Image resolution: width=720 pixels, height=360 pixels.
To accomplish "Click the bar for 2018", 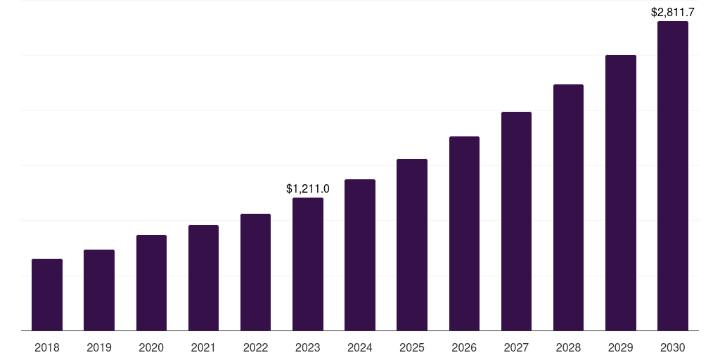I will point(47,295).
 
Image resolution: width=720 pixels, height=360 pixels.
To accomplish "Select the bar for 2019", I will point(99,290).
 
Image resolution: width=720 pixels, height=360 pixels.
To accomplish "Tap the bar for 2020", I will point(151,283).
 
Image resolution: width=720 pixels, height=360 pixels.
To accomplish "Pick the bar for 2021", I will point(203,278).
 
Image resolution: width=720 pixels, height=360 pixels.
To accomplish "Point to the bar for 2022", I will point(255,272).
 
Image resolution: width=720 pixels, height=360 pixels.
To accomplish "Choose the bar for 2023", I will point(308,264).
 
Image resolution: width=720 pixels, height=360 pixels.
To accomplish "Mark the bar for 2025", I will point(412,245).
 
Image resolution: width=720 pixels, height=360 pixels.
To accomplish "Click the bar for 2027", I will point(516,221).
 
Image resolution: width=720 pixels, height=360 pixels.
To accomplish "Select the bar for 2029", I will point(620,193).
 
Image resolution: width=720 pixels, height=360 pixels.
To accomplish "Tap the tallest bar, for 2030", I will point(672,176).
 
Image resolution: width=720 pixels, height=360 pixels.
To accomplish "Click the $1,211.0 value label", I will point(308,188).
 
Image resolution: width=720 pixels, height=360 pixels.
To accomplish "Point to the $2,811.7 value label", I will point(672,12).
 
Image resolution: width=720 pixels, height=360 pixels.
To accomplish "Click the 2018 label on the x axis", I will point(47,347).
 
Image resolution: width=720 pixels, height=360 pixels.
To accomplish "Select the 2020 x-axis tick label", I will point(151,347).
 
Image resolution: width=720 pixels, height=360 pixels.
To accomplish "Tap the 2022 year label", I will point(255,347).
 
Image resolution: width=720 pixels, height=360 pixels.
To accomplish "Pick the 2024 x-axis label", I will point(360,347).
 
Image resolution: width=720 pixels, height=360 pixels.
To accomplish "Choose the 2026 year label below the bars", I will point(464,347).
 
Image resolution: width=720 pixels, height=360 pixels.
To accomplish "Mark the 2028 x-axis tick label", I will point(568,347).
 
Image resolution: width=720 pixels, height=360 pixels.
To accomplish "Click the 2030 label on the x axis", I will point(672,347).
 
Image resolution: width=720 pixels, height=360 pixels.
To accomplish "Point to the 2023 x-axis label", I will point(308,347).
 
